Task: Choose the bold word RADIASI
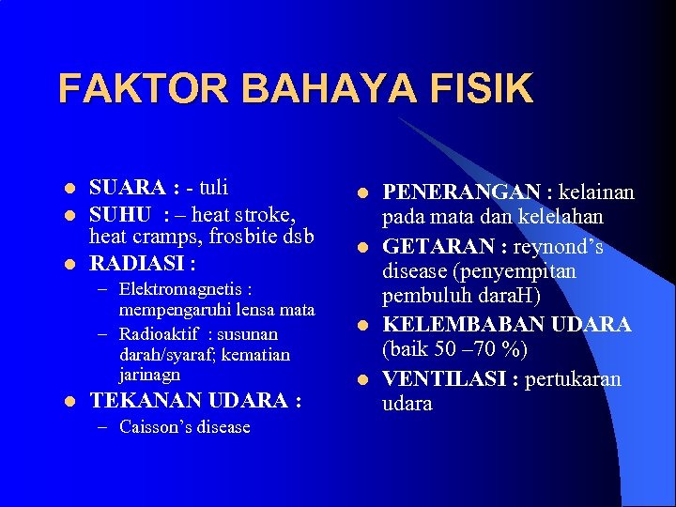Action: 137,262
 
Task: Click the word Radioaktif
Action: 161,334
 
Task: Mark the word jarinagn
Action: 150,374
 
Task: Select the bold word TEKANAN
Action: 145,401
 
